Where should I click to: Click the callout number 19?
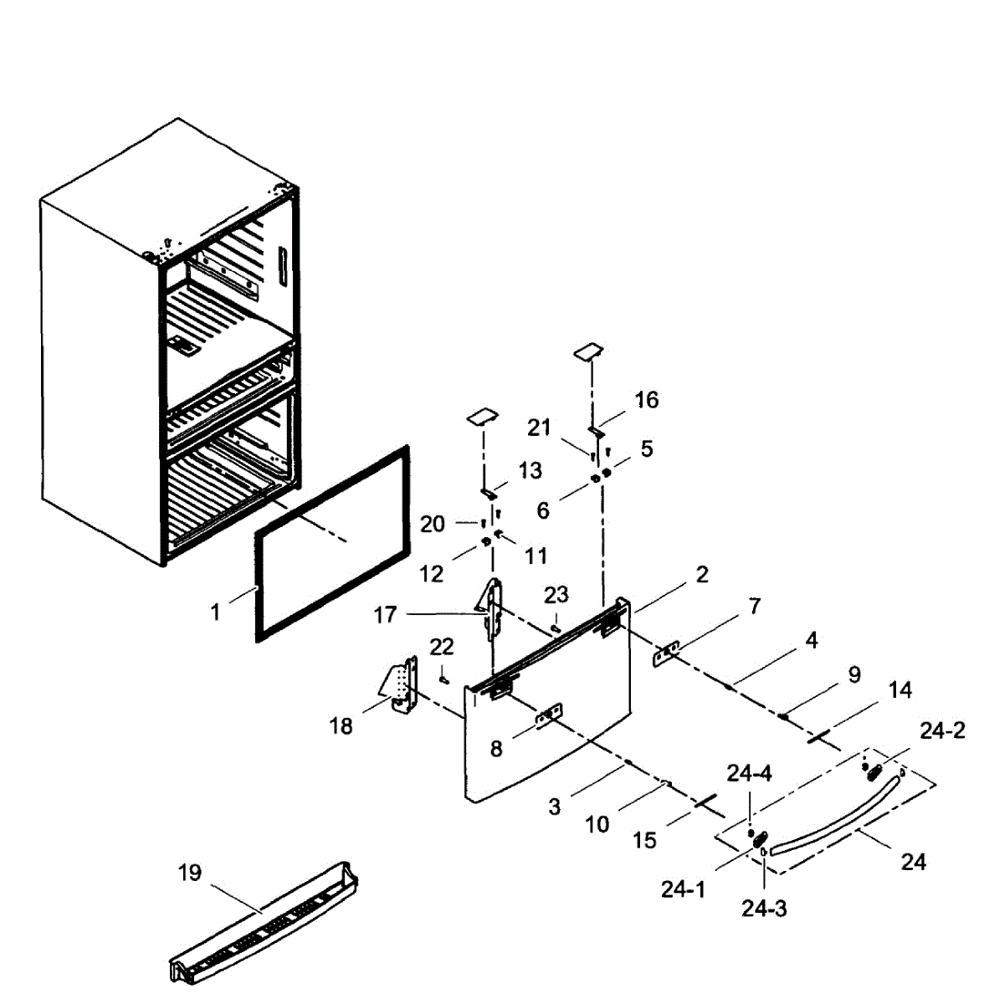pos(190,873)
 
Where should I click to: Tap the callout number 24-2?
pos(942,730)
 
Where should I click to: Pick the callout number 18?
pos(341,725)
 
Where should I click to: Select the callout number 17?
pos(385,615)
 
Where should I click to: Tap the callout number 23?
pos(556,594)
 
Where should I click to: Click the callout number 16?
pos(647,399)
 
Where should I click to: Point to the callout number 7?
pos(755,606)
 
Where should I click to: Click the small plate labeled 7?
pos(667,653)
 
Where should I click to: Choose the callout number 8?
pos(496,749)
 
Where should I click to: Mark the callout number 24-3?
pos(764,908)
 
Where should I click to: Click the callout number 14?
pos(900,689)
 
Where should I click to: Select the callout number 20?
pos(433,524)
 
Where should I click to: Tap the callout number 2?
pos(701,574)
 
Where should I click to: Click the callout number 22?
pos(442,647)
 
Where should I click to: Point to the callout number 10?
pos(597,824)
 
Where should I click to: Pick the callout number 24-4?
pos(749,774)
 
